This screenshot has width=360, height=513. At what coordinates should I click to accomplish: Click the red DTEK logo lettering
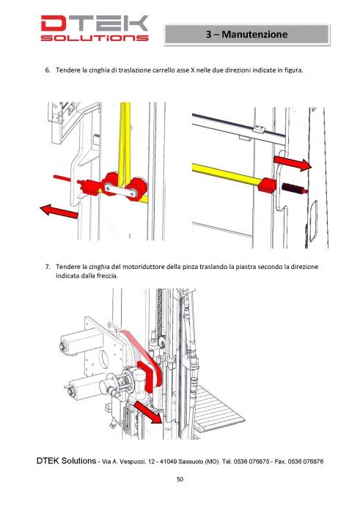[95, 23]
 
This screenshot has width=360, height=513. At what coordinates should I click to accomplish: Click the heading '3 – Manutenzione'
[247, 34]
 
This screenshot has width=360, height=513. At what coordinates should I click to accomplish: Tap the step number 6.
[47, 70]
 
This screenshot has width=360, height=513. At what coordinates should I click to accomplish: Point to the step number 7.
[47, 267]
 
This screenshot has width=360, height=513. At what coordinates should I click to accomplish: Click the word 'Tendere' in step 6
[68, 70]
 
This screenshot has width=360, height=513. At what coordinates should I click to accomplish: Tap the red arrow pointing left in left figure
[59, 210]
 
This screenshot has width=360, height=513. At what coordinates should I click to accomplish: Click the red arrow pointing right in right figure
[293, 163]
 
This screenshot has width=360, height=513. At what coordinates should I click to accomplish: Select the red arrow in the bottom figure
[148, 412]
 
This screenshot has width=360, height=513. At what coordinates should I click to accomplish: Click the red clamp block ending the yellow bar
[267, 185]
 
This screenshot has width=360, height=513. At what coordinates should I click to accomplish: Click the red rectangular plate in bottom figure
[144, 376]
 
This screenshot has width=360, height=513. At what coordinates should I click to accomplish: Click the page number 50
[180, 479]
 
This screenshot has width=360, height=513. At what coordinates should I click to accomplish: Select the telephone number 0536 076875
[251, 462]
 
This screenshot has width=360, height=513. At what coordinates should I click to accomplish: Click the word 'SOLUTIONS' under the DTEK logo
[95, 38]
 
